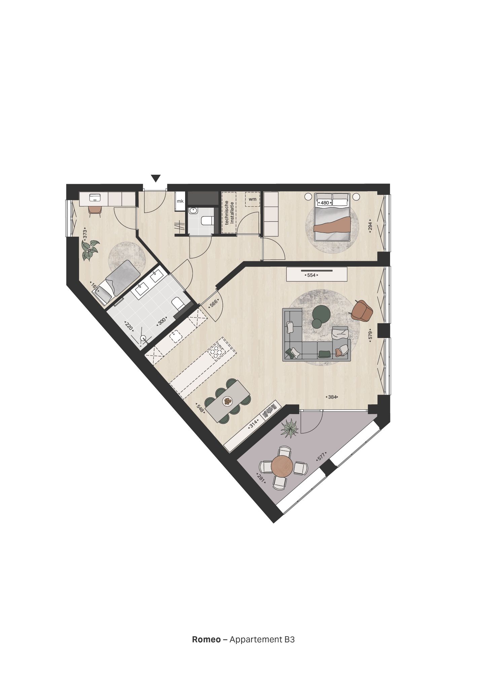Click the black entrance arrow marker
155,178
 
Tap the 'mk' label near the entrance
180,201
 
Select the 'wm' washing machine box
252,199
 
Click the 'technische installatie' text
229,212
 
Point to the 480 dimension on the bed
325,203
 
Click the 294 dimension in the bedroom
370,226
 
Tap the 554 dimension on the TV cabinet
311,275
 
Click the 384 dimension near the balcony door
332,397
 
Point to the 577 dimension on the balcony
321,457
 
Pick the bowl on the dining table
228,401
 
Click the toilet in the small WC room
206,221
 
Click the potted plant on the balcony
289,429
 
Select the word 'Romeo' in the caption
206,639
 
